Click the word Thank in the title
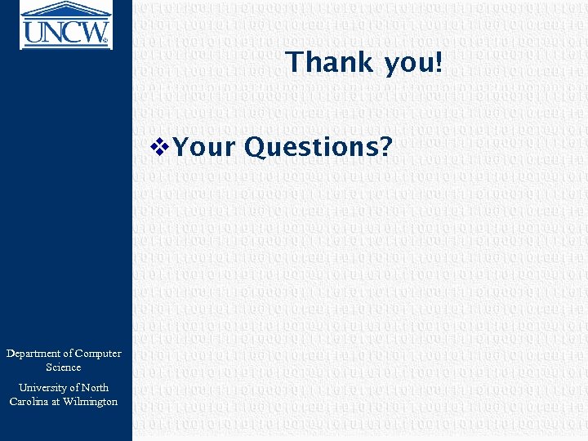tap(324, 63)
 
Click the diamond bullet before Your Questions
tap(159, 146)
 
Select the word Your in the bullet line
tap(203, 147)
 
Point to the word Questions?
tap(318, 147)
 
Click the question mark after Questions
tap(385, 147)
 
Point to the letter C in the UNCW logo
tap(76, 31)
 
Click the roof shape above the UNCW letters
tap(65, 9)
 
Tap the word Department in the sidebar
tap(37, 354)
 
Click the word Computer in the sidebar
tap(98, 354)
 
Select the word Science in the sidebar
tap(64, 367)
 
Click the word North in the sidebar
tap(95, 388)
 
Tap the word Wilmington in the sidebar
tap(90, 402)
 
